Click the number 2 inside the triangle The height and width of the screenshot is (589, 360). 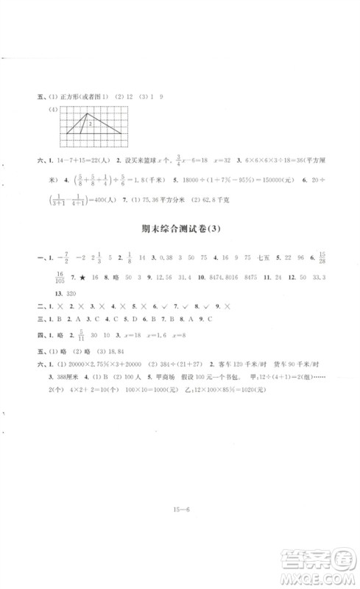pyautogui.click(x=88, y=124)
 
